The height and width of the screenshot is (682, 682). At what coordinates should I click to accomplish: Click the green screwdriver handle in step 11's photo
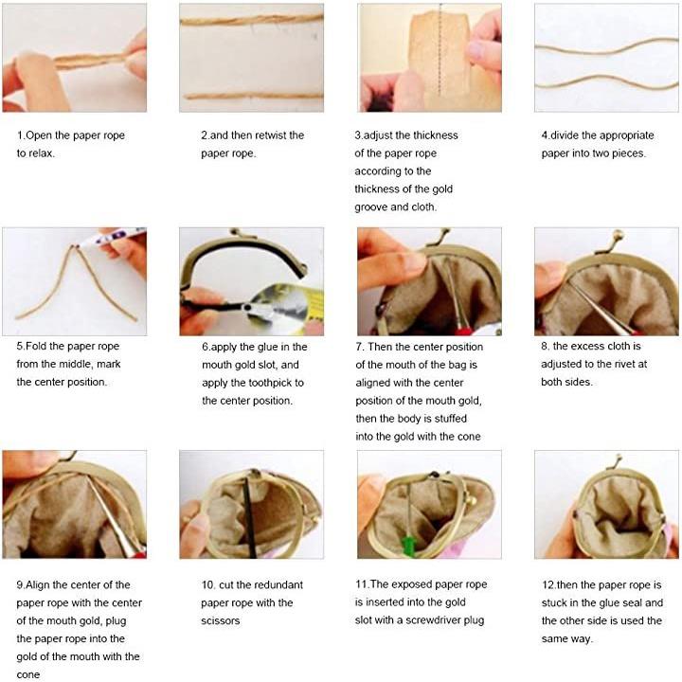click(x=408, y=547)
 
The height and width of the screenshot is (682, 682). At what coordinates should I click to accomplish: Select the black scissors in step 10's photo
click(x=250, y=515)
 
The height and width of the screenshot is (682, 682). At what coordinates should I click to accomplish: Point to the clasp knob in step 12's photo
click(x=618, y=458)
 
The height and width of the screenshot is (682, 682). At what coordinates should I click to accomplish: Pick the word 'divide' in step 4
click(x=565, y=135)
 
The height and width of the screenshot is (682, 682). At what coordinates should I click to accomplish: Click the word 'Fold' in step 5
click(x=36, y=347)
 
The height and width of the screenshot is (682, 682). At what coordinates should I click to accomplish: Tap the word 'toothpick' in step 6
click(x=271, y=383)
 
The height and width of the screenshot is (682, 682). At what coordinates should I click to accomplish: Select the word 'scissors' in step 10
click(x=220, y=620)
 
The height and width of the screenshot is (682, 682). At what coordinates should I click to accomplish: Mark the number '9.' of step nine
click(x=21, y=585)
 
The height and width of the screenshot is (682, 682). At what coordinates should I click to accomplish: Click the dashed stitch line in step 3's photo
click(x=440, y=51)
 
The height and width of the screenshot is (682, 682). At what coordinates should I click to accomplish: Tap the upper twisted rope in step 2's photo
click(x=251, y=20)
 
